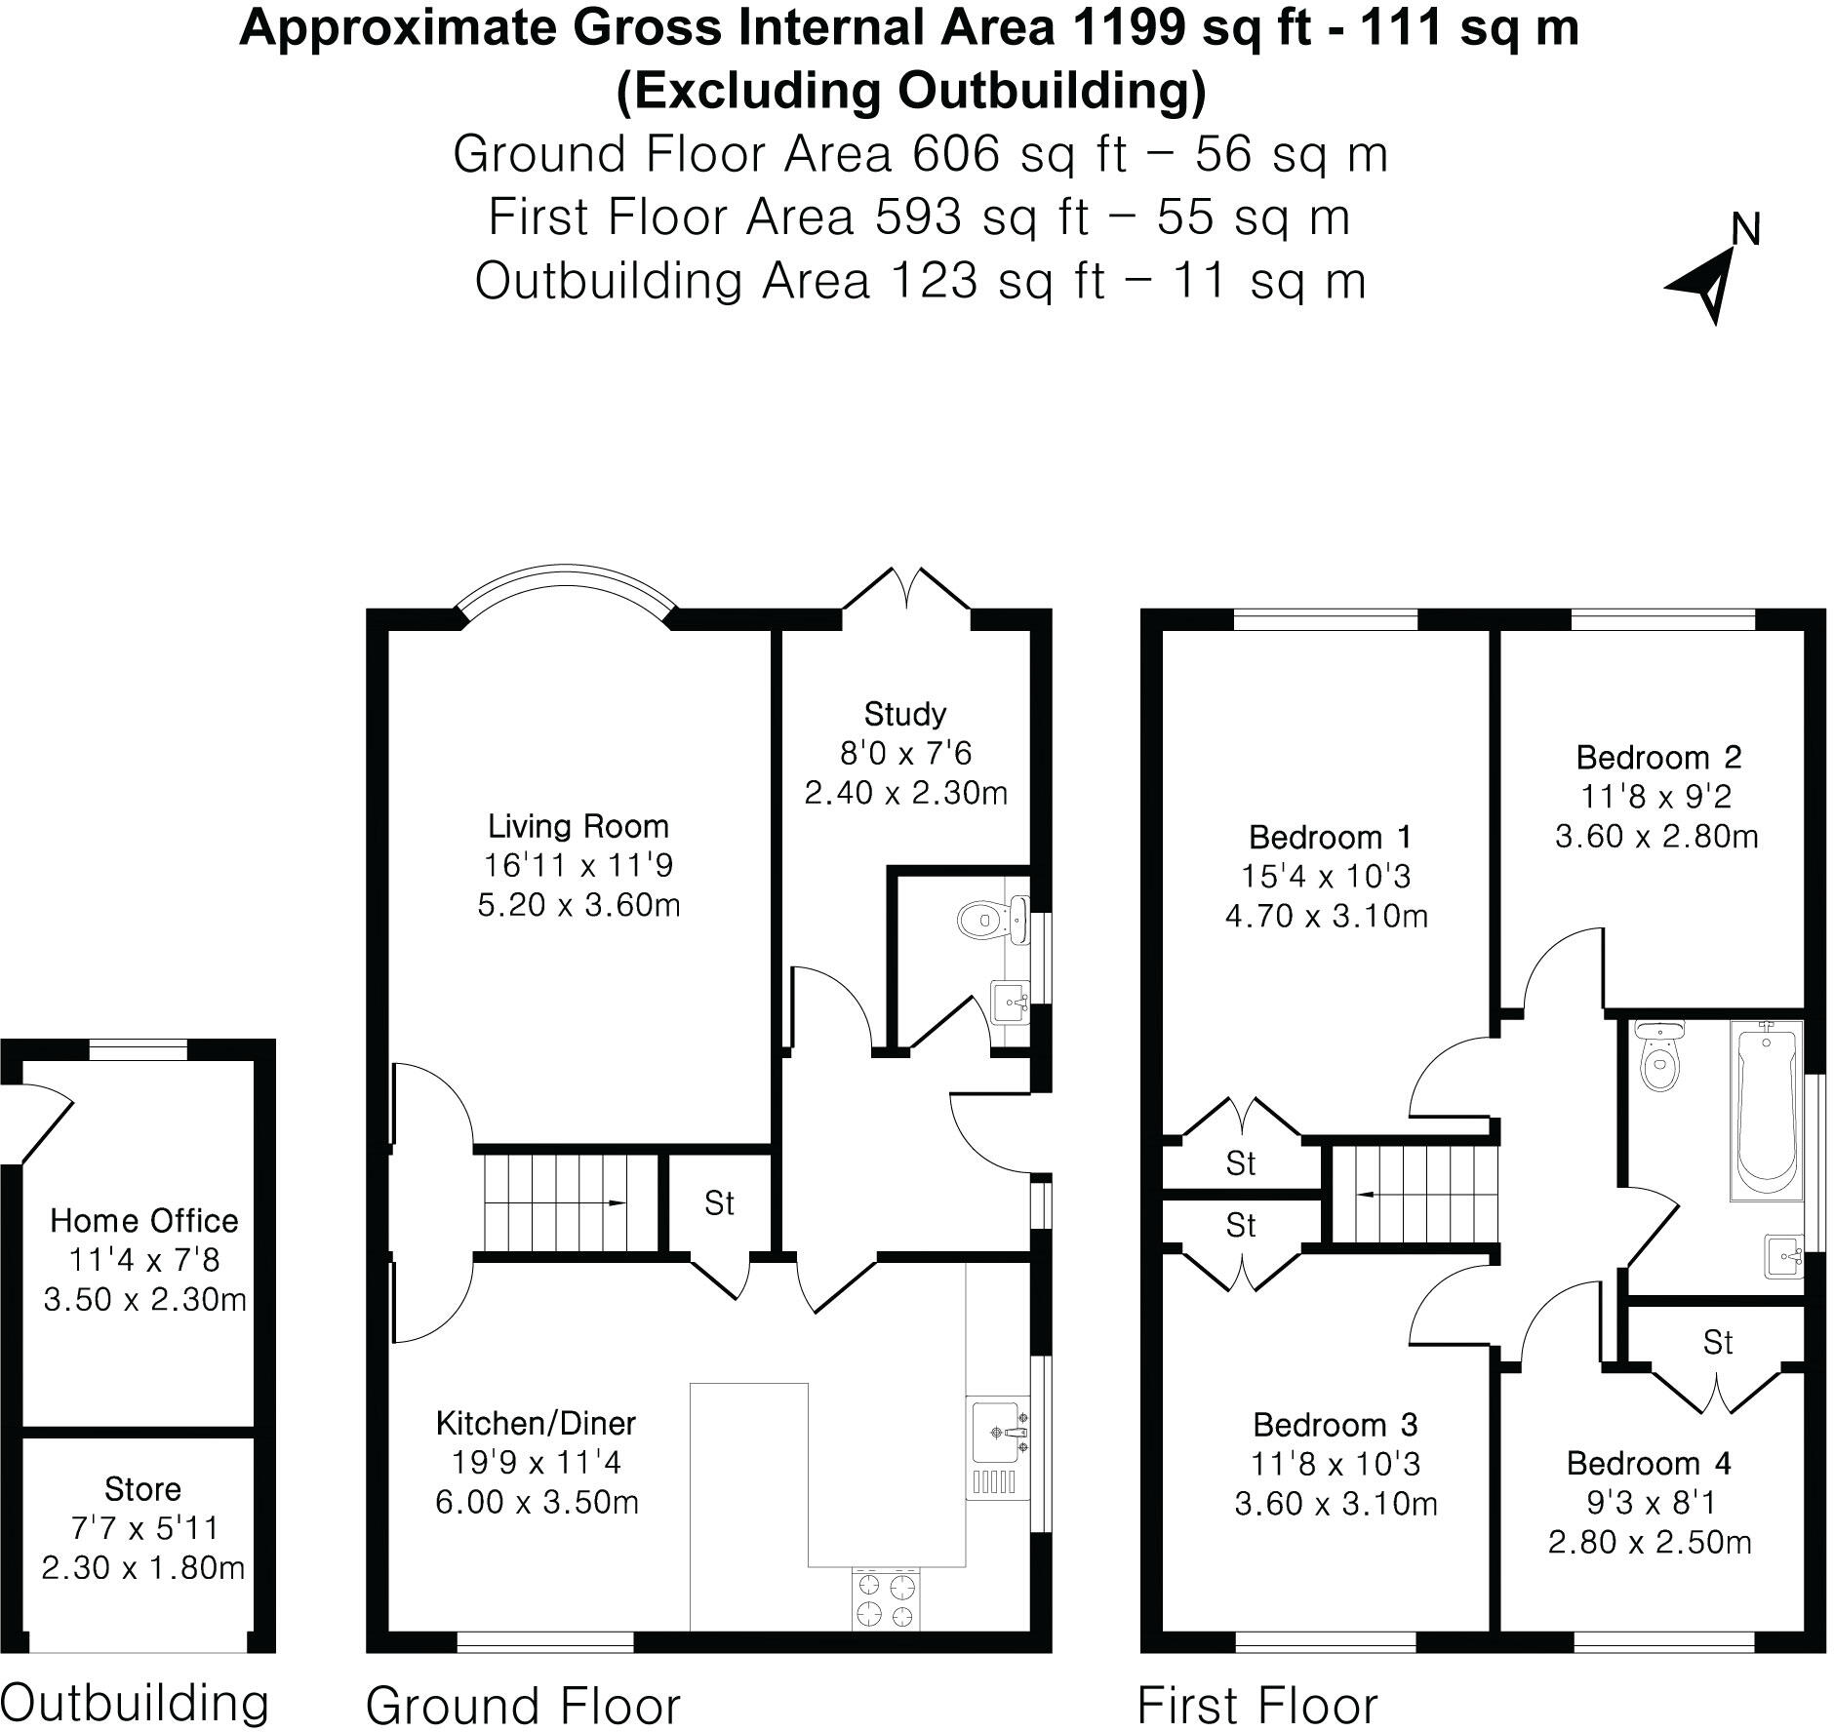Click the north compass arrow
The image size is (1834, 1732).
(1705, 282)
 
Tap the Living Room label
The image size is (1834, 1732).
(578, 826)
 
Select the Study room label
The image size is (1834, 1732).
(904, 714)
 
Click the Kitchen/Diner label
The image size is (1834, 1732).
(536, 1423)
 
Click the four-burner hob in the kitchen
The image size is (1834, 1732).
(887, 1599)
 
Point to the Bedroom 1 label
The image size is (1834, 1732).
(1329, 837)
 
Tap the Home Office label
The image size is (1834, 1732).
(144, 1220)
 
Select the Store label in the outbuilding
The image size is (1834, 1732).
(142, 1489)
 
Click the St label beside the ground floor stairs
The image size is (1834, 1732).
(719, 1204)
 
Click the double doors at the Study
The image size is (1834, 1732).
(906, 593)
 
